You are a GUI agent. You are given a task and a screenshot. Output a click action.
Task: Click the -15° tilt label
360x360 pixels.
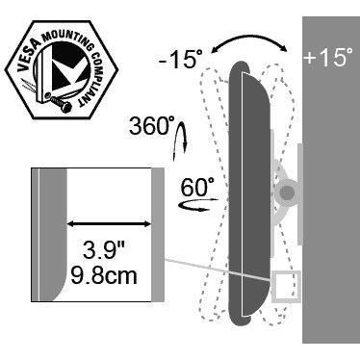[x=180, y=59]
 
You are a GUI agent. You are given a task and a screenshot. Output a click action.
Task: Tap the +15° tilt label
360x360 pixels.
[x=328, y=57]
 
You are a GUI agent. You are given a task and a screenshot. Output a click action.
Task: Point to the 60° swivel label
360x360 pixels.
[x=197, y=188]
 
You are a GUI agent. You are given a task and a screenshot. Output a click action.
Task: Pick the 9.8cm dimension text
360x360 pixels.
[x=104, y=275]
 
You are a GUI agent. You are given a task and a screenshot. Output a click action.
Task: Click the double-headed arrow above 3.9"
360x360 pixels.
[x=109, y=224]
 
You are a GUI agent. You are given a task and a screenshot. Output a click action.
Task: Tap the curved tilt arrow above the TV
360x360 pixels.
[x=250, y=40]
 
